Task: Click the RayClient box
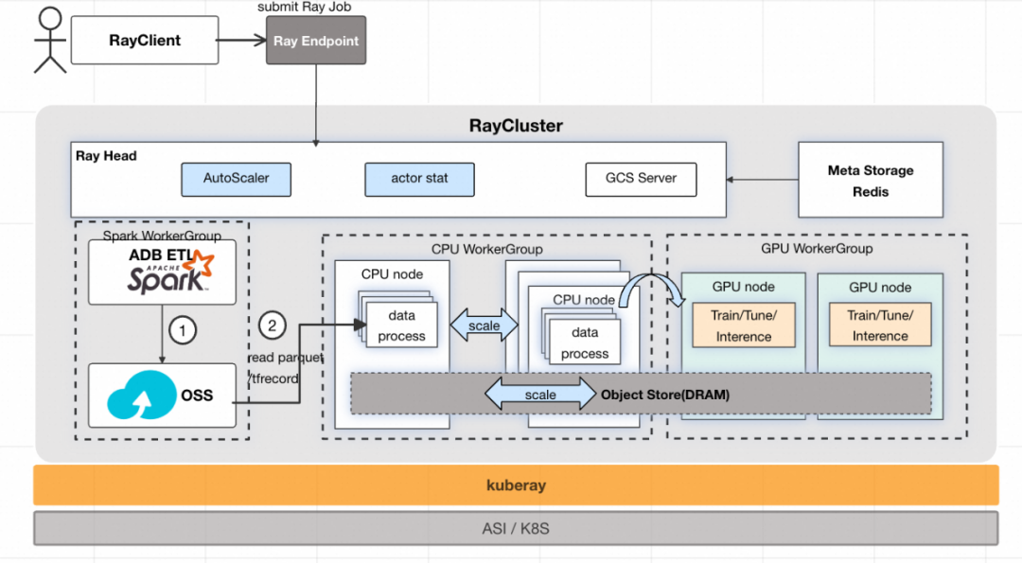click(x=145, y=41)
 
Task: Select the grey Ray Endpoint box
click(x=316, y=41)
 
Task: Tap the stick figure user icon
click(x=50, y=40)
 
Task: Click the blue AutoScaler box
click(x=237, y=178)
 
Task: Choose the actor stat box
click(x=419, y=178)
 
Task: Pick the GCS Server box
click(x=641, y=178)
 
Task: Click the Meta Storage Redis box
click(x=871, y=181)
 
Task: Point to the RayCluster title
click(x=516, y=126)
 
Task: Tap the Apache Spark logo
click(x=166, y=277)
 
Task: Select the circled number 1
click(x=182, y=330)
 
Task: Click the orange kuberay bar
click(x=516, y=484)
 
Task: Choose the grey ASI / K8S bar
click(x=516, y=528)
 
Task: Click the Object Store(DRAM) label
click(x=665, y=395)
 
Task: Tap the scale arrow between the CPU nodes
click(x=485, y=325)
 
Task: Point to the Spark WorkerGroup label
click(x=161, y=235)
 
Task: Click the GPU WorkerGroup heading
click(x=817, y=248)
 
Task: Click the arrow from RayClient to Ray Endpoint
click(x=241, y=41)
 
